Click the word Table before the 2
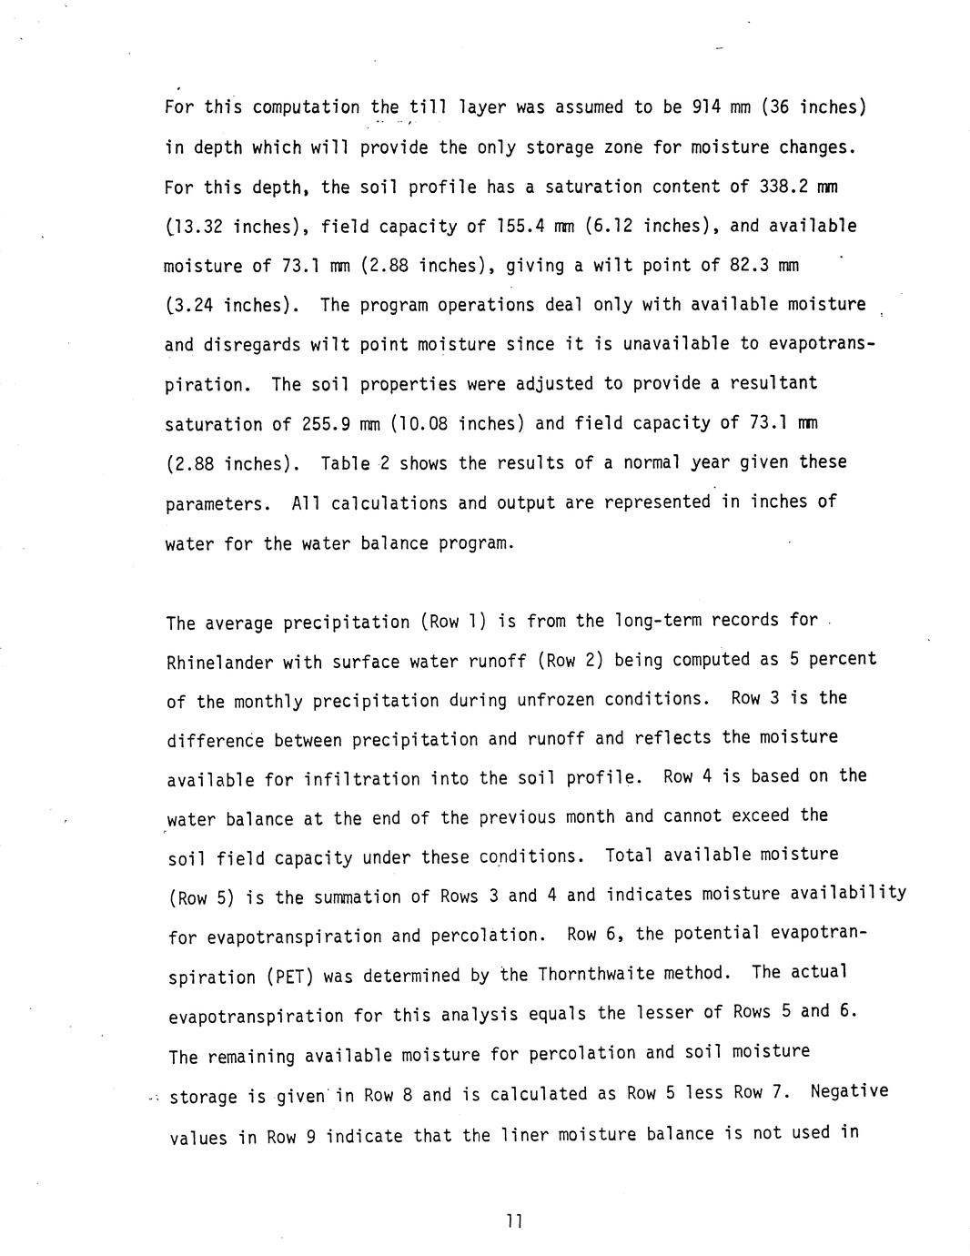point(345,463)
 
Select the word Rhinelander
point(219,662)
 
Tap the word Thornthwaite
point(594,974)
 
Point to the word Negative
point(849,1091)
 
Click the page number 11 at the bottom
point(513,1221)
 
